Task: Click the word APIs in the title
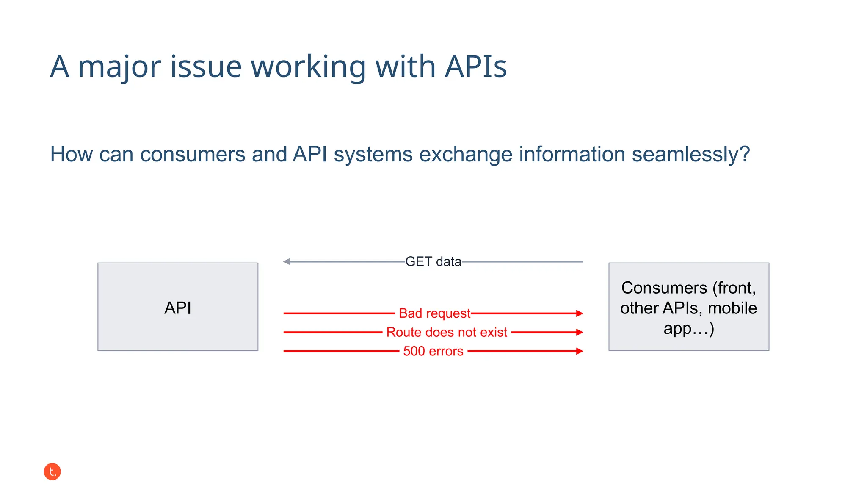pos(475,67)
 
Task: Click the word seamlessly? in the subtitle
pos(690,154)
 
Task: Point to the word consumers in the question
pos(193,154)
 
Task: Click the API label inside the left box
pos(178,308)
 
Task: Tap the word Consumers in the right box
pos(664,288)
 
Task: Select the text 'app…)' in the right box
pos(689,329)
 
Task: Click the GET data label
pos(433,262)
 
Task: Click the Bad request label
pos(434,313)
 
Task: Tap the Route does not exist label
pos(447,333)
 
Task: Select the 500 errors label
pos(433,351)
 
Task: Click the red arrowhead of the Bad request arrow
pos(580,313)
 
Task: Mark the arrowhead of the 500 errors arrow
pos(580,351)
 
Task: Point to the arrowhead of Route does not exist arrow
pos(580,333)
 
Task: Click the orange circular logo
pos(52,471)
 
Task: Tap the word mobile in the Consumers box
pos(732,308)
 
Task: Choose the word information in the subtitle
pos(572,154)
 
